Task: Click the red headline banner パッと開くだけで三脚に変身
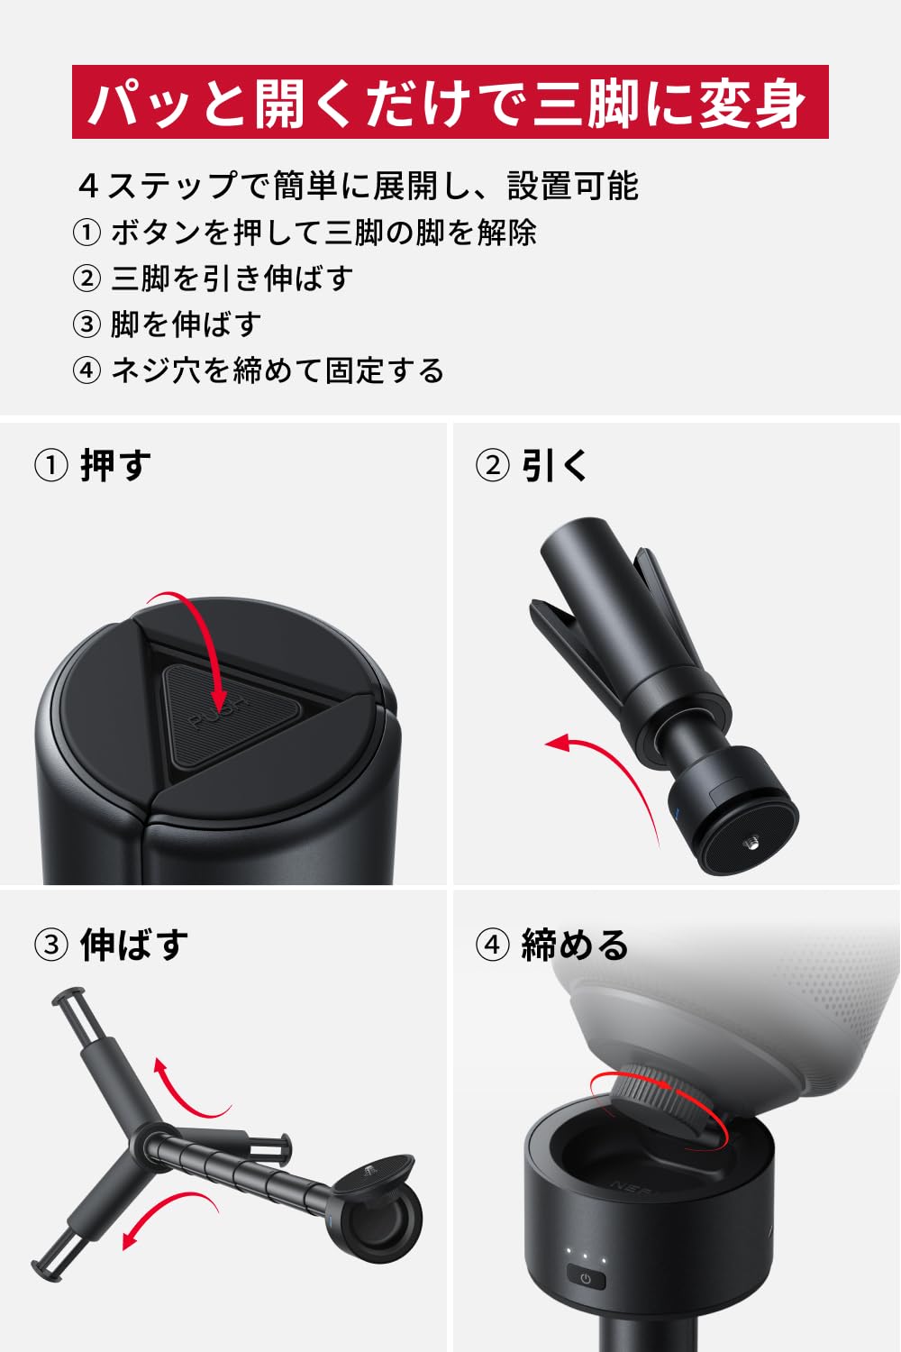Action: click(450, 102)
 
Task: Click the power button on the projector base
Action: click(586, 1278)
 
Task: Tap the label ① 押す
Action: click(93, 466)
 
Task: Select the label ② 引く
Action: click(532, 466)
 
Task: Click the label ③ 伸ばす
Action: click(111, 945)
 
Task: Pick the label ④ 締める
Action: click(551, 945)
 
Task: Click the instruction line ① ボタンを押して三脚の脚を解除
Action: click(305, 233)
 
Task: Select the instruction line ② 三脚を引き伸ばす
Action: click(213, 279)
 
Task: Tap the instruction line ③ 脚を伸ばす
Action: click(167, 324)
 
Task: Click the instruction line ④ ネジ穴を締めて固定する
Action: click(259, 370)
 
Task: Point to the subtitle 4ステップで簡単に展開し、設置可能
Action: click(358, 186)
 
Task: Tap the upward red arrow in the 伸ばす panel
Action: click(185, 1091)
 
